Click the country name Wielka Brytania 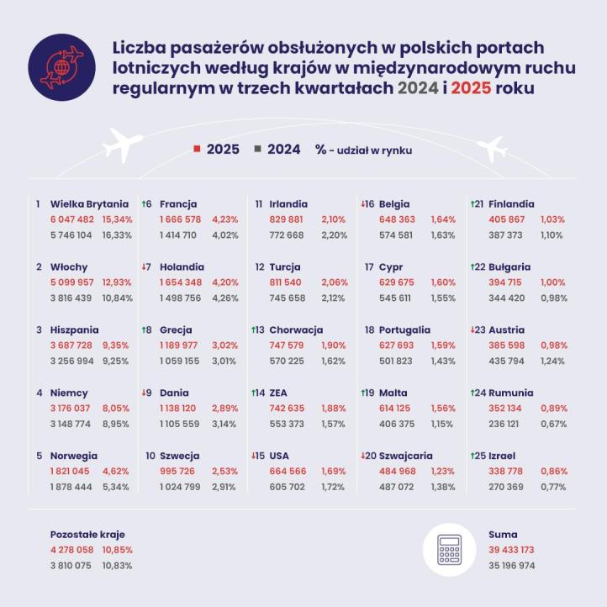pyautogui.click(x=89, y=203)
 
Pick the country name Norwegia pyautogui.click(x=74, y=456)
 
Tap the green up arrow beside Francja pyautogui.click(x=145, y=203)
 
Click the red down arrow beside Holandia pyautogui.click(x=145, y=267)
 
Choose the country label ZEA pyautogui.click(x=280, y=393)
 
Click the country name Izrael pyautogui.click(x=504, y=456)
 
